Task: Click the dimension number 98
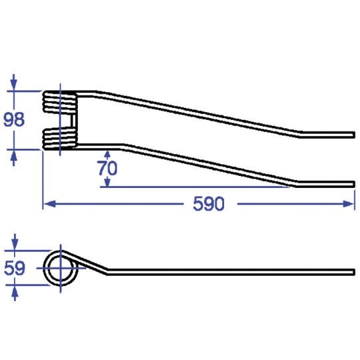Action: tap(14, 119)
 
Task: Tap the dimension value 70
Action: tap(107, 168)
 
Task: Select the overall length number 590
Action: tap(209, 204)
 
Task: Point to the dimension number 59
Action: tap(15, 268)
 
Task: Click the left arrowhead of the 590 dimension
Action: tap(49, 203)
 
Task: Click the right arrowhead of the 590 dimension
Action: tap(349, 203)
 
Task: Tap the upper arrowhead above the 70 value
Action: tap(107, 154)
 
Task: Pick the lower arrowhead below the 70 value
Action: tap(107, 183)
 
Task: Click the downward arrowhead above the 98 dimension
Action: tap(14, 85)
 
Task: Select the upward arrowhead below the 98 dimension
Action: tap(14, 156)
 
